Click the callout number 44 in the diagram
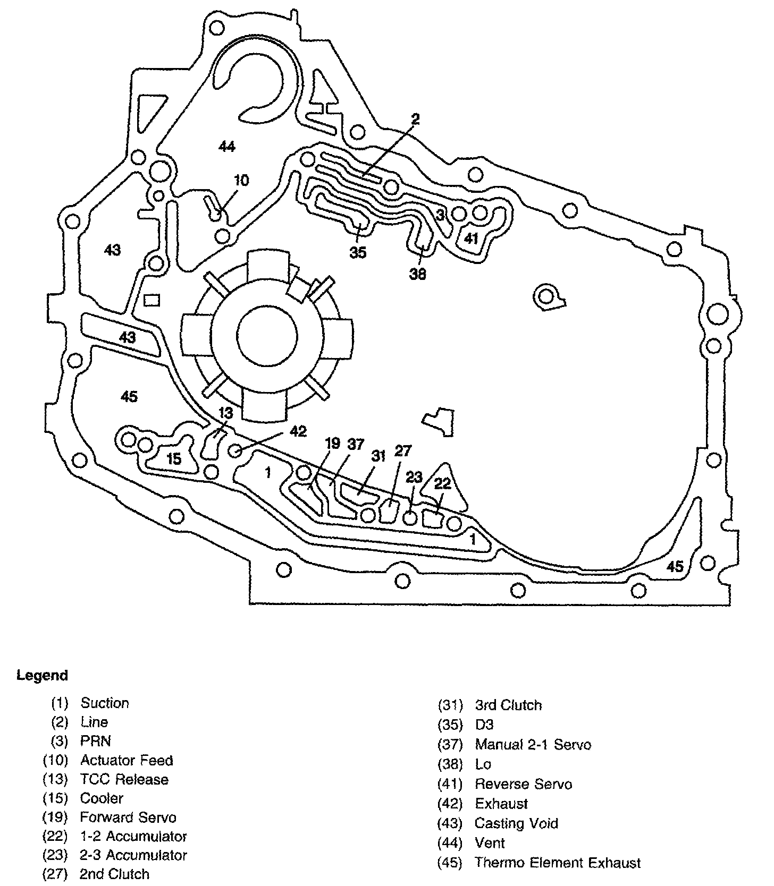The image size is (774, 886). [x=227, y=147]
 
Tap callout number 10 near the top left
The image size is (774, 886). [x=241, y=181]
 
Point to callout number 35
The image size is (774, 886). [x=358, y=253]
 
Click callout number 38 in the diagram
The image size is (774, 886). [x=418, y=275]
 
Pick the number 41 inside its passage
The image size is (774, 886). [x=471, y=239]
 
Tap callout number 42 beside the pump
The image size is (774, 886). [x=298, y=431]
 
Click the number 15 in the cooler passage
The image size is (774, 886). [x=174, y=459]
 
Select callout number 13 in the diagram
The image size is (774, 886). [x=226, y=413]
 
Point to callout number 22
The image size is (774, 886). [x=442, y=483]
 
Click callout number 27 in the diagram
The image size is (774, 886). [x=403, y=451]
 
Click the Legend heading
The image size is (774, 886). [x=43, y=676]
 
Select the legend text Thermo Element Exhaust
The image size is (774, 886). [x=558, y=863]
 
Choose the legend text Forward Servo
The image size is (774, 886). [x=128, y=817]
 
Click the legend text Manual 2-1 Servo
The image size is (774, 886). [x=533, y=745]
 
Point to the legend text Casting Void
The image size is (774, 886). [x=516, y=824]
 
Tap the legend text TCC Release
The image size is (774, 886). [x=124, y=779]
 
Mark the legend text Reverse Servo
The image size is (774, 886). [x=523, y=785]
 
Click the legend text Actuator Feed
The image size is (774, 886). [x=127, y=760]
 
